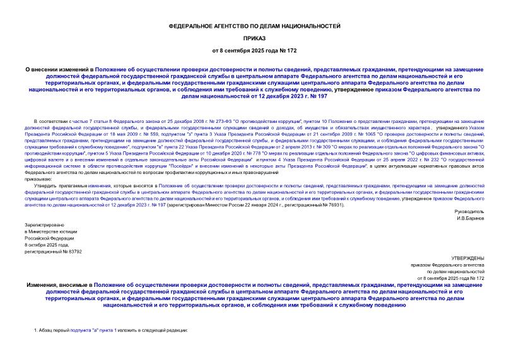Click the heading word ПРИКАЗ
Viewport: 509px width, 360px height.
coord(254,37)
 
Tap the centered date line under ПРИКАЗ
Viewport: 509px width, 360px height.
coord(254,49)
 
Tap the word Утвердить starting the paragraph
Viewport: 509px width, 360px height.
coord(48,185)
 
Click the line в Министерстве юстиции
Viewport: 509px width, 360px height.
coord(51,231)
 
